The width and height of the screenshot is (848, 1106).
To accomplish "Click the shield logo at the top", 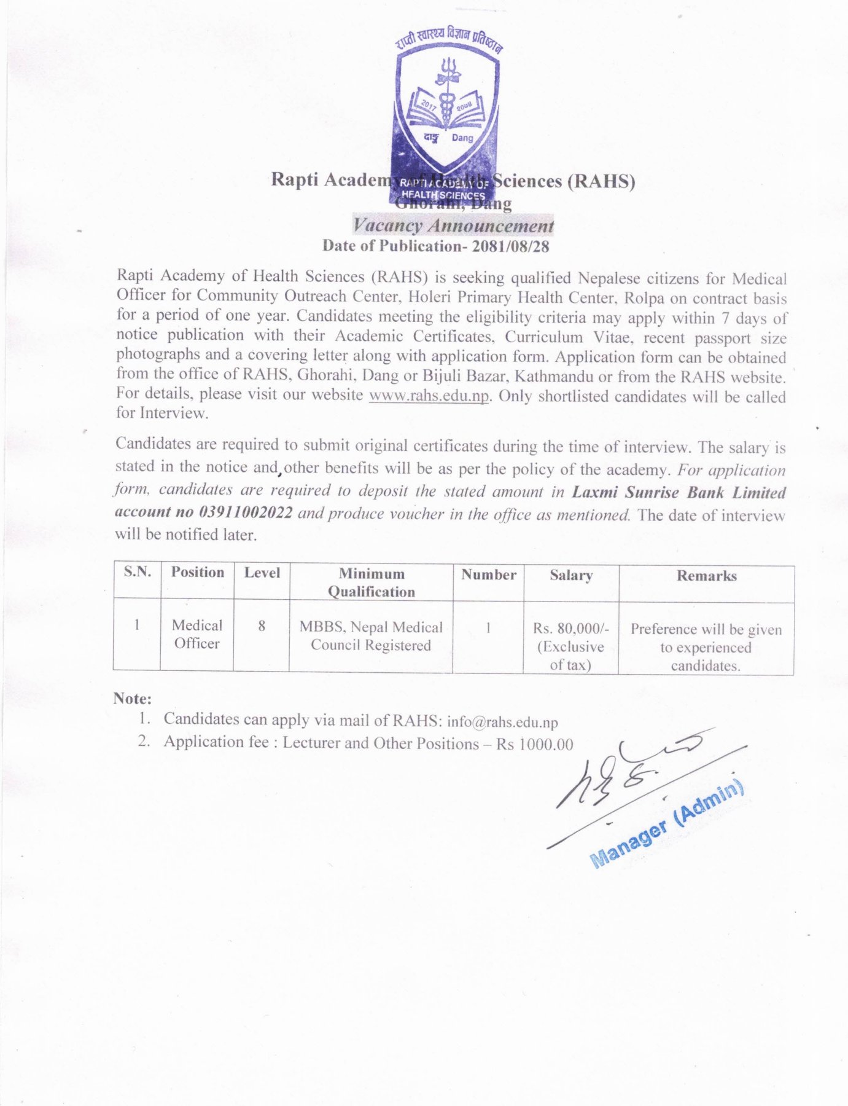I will tap(446, 111).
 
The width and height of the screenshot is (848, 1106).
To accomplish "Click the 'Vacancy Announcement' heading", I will tap(453, 226).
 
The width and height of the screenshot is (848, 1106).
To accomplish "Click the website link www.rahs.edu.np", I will tap(429, 395).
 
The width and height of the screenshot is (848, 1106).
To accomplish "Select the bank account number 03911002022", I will tap(246, 512).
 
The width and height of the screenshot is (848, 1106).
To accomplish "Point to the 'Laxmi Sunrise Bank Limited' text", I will tap(679, 493).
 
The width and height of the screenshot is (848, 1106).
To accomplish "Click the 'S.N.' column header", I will tap(137, 572).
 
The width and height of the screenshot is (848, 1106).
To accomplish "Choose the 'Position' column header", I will tap(197, 573).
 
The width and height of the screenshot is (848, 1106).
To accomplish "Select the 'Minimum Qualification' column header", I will tap(371, 582).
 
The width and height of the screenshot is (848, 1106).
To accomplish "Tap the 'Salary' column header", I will tap(571, 576).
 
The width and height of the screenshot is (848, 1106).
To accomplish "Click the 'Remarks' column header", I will tap(706, 576).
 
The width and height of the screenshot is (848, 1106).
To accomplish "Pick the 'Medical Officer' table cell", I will tap(196, 634).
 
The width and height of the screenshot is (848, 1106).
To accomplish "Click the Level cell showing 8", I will tap(262, 626).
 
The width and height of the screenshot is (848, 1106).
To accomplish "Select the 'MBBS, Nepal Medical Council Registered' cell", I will tap(371, 636).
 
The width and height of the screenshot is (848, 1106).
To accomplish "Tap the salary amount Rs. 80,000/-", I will tap(570, 629).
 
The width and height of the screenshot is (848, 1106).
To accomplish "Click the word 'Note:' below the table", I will tap(132, 699).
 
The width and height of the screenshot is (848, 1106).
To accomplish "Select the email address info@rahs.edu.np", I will tap(502, 722).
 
